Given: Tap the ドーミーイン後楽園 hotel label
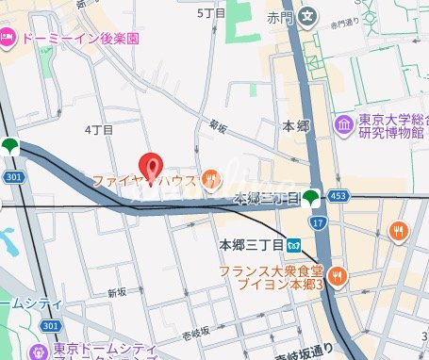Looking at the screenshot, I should pos(78,39).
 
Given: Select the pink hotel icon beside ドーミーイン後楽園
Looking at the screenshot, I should pos(7,38).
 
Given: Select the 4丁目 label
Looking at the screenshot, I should pos(99,128).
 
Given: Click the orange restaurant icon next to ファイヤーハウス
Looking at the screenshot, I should pos(213,176).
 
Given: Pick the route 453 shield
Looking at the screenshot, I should pos(343,196).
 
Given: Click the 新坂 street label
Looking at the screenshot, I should pos(117,293).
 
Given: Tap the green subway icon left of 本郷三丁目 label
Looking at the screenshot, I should pos(311,198).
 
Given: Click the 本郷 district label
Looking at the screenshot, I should pos(296,125).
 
